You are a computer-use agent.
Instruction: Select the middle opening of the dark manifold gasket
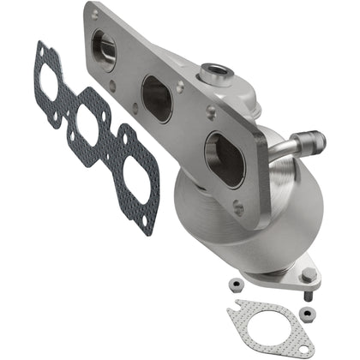(88, 128)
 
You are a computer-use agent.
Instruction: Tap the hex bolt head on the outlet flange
(306, 275)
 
